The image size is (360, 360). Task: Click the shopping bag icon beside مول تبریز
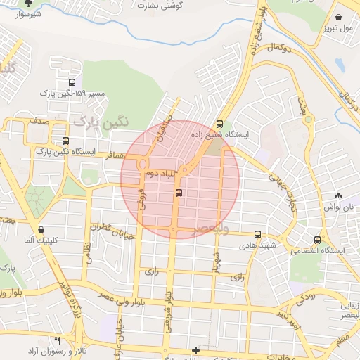pyautogui.click(x=340, y=18)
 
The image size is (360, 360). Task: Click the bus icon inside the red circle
pyautogui.click(x=179, y=192)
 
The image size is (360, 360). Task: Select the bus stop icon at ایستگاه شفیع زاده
pyautogui.click(x=220, y=123)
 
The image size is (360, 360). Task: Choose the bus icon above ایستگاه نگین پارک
pyautogui.click(x=66, y=141)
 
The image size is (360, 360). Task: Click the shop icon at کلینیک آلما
pyautogui.click(x=43, y=229)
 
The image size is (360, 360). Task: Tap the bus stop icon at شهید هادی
pyautogui.click(x=257, y=234)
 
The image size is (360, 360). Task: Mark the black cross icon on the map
pyautogui.click(x=195, y=349)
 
